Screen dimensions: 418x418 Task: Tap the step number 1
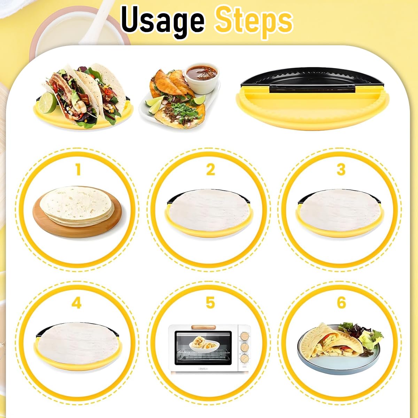click(x=78, y=170)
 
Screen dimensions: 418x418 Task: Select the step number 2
click(x=210, y=170)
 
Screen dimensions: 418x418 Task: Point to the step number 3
click(x=341, y=170)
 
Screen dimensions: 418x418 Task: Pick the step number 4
click(x=77, y=303)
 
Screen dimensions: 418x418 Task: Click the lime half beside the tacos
click(x=48, y=102)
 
